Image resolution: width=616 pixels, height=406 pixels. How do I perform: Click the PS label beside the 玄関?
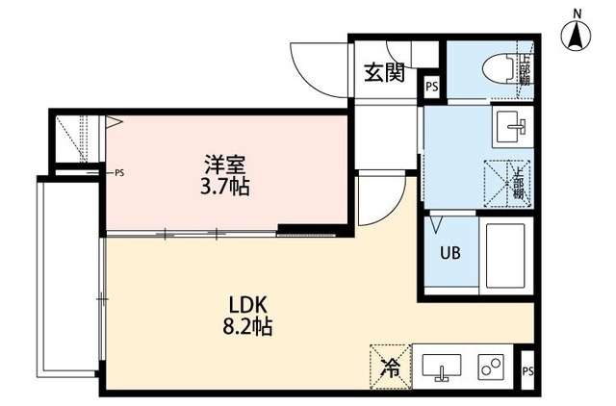point(432,88)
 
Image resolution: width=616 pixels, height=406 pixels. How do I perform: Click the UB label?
point(449,255)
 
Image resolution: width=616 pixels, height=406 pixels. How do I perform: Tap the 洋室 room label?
point(225,164)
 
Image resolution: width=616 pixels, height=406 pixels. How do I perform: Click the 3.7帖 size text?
point(225,187)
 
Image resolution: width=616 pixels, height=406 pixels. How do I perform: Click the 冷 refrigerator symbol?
point(390,366)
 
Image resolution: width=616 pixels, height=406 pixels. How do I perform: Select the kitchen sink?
point(441,367)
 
